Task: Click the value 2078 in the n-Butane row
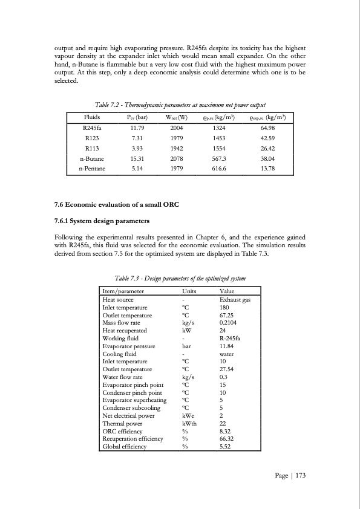[177, 158]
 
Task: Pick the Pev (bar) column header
[136, 117]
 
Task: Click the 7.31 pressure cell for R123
[136, 138]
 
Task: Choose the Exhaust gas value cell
[235, 299]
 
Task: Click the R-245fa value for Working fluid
[230, 339]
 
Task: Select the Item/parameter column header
[123, 291]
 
